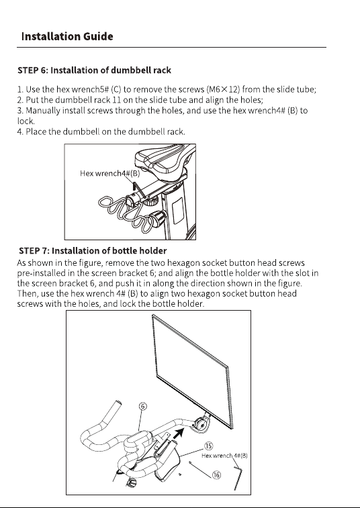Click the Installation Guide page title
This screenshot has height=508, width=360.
[67, 36]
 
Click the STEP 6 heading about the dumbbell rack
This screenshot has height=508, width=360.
[95, 70]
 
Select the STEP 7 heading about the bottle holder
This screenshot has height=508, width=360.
[93, 251]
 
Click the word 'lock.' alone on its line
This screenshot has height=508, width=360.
[26, 121]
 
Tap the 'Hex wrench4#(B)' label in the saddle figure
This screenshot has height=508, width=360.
[110, 173]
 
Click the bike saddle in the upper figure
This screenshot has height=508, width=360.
[164, 159]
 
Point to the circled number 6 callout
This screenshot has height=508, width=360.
[143, 406]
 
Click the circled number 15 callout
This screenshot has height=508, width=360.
[208, 446]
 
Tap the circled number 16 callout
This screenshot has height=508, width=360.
[217, 475]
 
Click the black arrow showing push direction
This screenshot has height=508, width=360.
[179, 434]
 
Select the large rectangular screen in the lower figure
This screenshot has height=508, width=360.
[192, 371]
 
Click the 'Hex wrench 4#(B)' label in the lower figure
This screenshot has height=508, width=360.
[224, 456]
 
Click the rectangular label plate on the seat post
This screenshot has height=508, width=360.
[178, 211]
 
